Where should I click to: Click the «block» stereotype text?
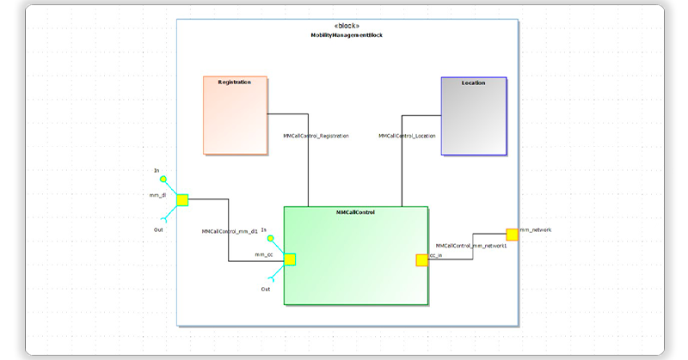[347, 26]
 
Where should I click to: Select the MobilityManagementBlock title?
[347, 35]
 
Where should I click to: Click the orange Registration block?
[235, 115]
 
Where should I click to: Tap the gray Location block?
[474, 116]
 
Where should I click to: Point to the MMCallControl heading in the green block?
[355, 211]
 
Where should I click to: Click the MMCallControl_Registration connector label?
[316, 136]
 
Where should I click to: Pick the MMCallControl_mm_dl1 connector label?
[230, 231]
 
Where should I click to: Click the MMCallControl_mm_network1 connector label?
[471, 246]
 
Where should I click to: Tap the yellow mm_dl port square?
[182, 200]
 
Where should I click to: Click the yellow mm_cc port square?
[290, 259]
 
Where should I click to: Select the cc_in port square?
[421, 259]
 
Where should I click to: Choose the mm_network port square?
[512, 234]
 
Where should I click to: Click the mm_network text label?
[535, 229]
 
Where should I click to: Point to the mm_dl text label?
[157, 195]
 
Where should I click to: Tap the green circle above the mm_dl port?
[163, 180]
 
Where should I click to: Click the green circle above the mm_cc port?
[271, 239]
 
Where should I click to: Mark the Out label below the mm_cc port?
[266, 290]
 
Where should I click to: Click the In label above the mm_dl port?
[157, 170]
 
